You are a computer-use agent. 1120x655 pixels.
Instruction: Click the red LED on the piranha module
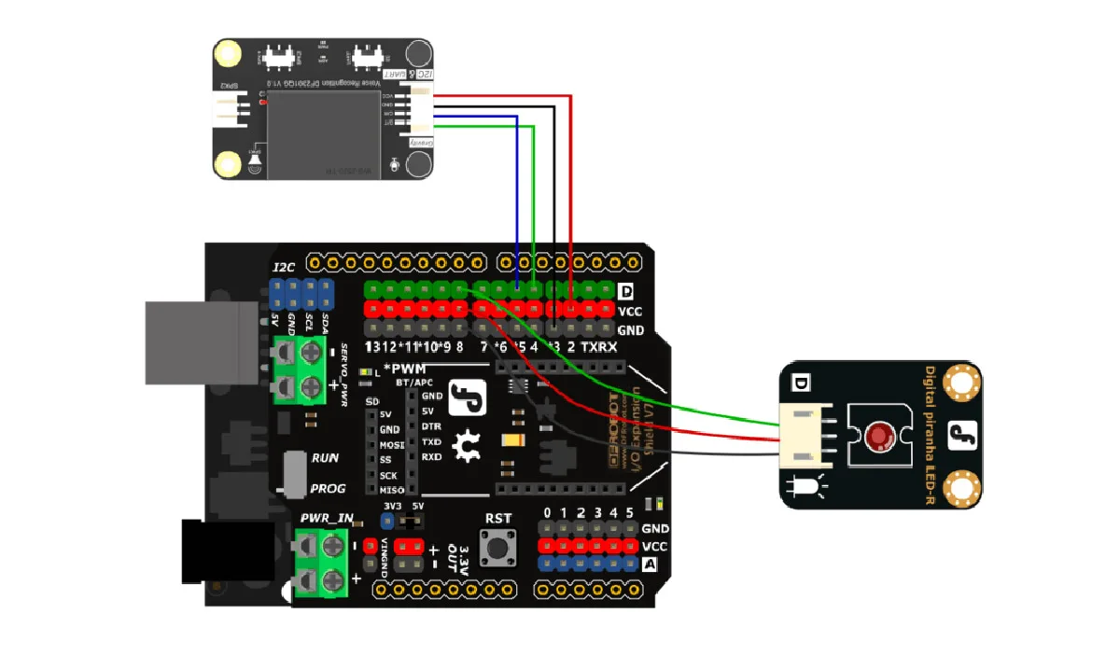point(876,436)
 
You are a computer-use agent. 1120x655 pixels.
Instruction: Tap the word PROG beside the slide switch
point(327,487)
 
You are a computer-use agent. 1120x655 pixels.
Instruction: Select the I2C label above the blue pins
point(284,267)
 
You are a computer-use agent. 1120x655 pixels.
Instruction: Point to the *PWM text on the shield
point(404,369)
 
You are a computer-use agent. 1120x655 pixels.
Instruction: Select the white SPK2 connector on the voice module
point(228,113)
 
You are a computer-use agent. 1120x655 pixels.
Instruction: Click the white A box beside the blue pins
point(651,564)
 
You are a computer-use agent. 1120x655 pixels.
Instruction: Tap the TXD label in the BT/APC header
point(431,441)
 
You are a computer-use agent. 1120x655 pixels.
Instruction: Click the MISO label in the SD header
point(390,490)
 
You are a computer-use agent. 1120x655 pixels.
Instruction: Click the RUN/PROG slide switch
point(294,474)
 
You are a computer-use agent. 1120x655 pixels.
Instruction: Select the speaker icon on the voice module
point(254,164)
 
